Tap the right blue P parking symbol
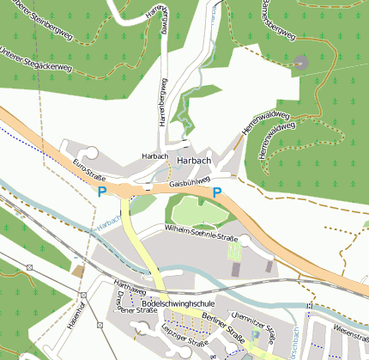[x=217, y=192]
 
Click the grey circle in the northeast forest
[x=300, y=62]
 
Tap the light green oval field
[x=198, y=210]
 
